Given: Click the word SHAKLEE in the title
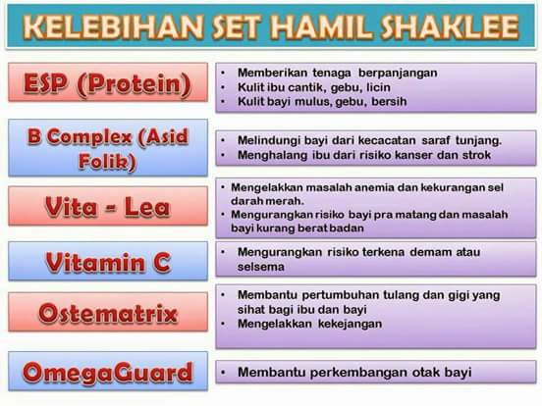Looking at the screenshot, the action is tap(450, 26).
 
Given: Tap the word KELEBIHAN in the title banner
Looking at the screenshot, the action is tap(114, 26).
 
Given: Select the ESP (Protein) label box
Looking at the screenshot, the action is tap(108, 82).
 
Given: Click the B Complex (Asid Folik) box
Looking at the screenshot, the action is tap(108, 148).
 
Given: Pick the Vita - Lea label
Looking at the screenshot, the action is tap(108, 206).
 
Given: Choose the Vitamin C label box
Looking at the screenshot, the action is tap(108, 261).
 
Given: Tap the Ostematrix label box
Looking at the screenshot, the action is tap(108, 312).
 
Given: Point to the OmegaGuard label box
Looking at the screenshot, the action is tap(108, 371).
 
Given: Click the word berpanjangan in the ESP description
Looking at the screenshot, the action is tap(398, 74).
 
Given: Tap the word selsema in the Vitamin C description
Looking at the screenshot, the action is tap(261, 267).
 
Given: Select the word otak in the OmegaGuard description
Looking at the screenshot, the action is tap(426, 373).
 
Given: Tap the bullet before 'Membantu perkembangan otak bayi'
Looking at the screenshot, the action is tap(223, 373).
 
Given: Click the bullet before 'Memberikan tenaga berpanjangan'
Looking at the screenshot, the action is tap(223, 74).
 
